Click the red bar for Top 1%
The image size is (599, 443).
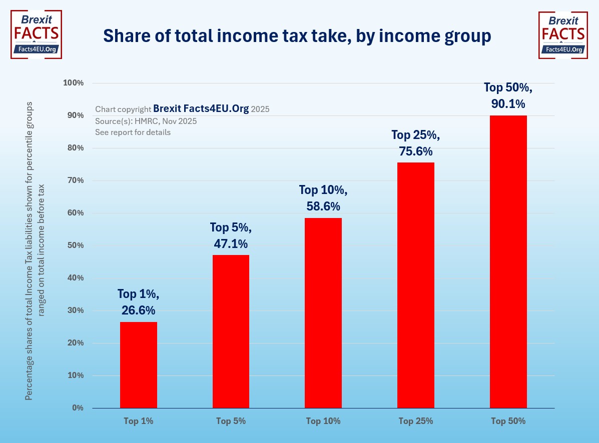click(x=139, y=365)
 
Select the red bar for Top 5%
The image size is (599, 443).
click(x=231, y=331)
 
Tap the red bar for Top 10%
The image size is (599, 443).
click(x=323, y=313)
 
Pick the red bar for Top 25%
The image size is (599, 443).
click(x=415, y=285)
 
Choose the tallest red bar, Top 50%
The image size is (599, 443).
click(x=508, y=261)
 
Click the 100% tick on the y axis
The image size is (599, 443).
click(x=73, y=83)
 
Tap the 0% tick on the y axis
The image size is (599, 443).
click(x=78, y=408)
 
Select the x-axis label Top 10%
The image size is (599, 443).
click(x=323, y=421)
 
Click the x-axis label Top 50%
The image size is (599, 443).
click(x=508, y=421)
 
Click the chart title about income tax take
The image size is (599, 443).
click(x=297, y=36)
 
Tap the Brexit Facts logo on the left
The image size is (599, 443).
click(x=36, y=34)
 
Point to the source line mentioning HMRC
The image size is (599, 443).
click(x=146, y=121)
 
